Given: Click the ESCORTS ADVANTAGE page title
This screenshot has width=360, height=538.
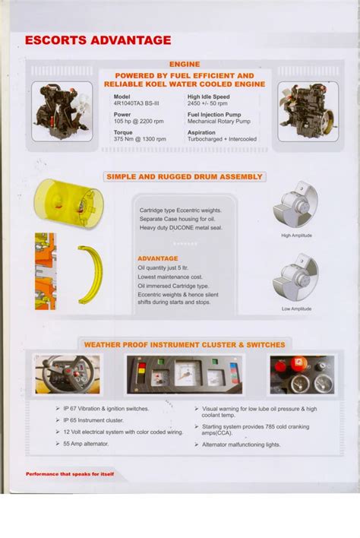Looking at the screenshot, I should point(98,41).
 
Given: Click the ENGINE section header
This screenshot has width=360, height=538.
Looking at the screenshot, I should point(184,65).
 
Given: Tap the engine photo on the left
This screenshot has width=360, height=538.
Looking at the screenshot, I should point(62,112).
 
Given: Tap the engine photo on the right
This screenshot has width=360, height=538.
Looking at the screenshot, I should point(306,112).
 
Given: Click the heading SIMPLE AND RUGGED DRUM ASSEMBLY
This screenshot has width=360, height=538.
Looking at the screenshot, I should point(185,177).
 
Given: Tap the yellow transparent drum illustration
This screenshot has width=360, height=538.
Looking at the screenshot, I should point(68,204).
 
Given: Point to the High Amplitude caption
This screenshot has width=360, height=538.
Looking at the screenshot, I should point(296,236).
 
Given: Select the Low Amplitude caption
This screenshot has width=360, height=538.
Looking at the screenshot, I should point(296,309).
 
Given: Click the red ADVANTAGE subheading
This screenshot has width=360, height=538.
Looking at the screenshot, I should point(157,258).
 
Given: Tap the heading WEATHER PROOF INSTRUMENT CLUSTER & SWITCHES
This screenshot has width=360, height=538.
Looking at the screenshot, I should point(185,345).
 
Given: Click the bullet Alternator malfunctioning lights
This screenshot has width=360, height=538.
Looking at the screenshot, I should point(242,445).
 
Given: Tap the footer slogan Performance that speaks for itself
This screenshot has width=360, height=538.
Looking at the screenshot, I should point(70,474).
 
